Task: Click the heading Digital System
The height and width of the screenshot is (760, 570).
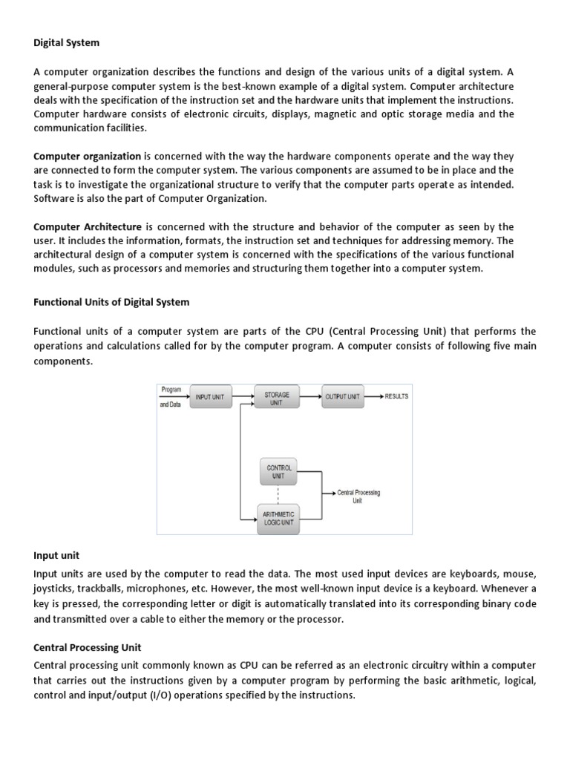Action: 66,43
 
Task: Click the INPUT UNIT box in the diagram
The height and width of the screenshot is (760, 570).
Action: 209,397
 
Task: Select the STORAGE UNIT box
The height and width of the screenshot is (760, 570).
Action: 277,399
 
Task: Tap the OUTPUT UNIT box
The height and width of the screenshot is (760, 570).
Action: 342,397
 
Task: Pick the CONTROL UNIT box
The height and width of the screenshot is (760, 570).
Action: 279,471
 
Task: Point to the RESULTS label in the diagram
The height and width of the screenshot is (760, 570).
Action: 396,396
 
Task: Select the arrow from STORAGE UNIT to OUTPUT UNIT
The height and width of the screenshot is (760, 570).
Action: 310,397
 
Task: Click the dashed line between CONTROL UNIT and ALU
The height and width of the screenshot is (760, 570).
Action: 278,494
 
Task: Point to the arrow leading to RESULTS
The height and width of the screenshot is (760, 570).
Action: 373,397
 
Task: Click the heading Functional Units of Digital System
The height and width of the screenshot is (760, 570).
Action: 111,302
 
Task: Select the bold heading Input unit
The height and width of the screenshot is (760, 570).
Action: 56,555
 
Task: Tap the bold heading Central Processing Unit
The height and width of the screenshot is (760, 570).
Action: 88,648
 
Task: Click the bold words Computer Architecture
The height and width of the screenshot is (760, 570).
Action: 88,226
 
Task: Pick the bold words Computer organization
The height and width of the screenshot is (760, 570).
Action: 88,157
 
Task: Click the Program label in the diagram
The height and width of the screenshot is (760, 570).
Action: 171,389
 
